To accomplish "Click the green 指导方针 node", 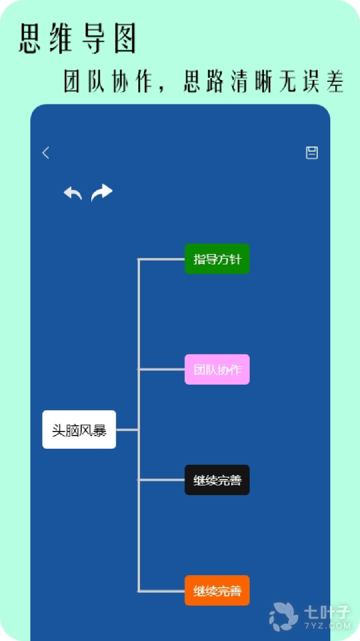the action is pos(217,259).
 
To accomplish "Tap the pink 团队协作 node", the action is pos(217,370).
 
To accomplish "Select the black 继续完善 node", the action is pos(217,480).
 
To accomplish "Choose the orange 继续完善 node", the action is pos(217,591).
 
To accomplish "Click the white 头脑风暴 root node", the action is pos(79,430).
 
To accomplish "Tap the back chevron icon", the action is pos(46,153).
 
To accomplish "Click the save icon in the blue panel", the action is pos(312,153).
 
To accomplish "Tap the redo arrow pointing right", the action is pos(102,192).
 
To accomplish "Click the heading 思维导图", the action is pos(78,39).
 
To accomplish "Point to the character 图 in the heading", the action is pos(125,39).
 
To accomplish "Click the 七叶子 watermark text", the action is pos(327,613).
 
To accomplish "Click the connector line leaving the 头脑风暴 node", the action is pos(127,430).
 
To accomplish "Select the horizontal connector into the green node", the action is pos(161,259).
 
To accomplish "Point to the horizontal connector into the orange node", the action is pos(161,591).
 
